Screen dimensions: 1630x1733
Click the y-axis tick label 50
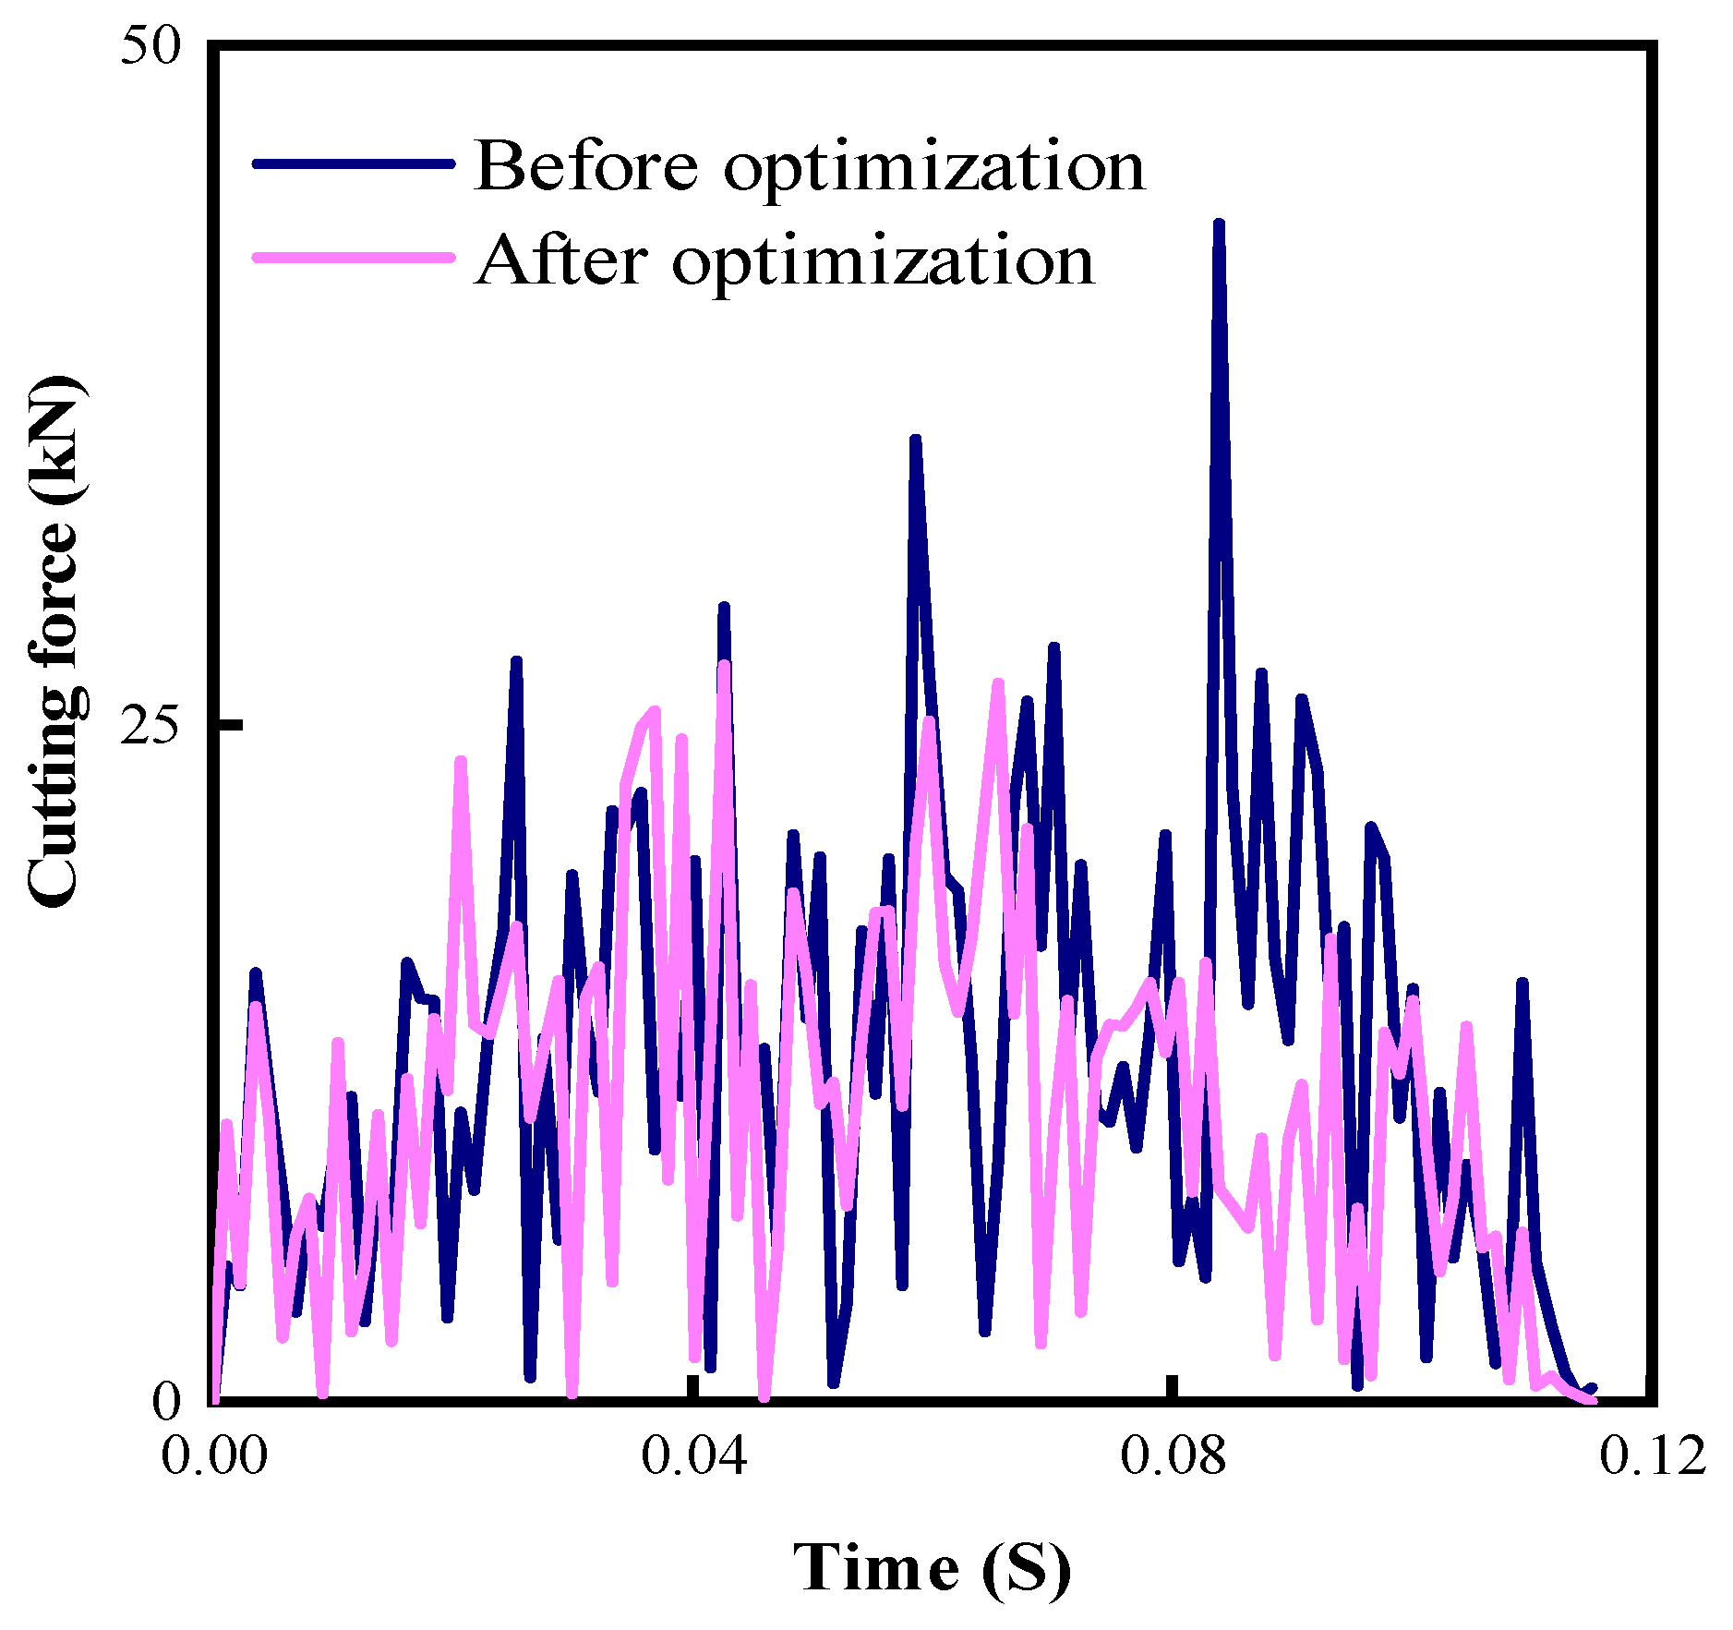click(150, 46)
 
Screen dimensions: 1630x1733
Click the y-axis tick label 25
click(150, 726)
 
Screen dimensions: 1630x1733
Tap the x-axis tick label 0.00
click(213, 1456)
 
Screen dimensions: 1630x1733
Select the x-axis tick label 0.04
click(693, 1456)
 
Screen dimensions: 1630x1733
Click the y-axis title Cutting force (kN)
click(55, 642)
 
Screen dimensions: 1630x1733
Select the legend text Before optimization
click(809, 166)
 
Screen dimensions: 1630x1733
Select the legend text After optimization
click(785, 260)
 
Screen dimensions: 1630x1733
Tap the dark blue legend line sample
click(354, 163)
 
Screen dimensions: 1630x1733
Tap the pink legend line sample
click(354, 258)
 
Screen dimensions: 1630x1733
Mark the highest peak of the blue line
click(1219, 224)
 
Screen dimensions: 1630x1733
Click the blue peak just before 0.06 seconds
click(915, 441)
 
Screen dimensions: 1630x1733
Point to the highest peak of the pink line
click(724, 665)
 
